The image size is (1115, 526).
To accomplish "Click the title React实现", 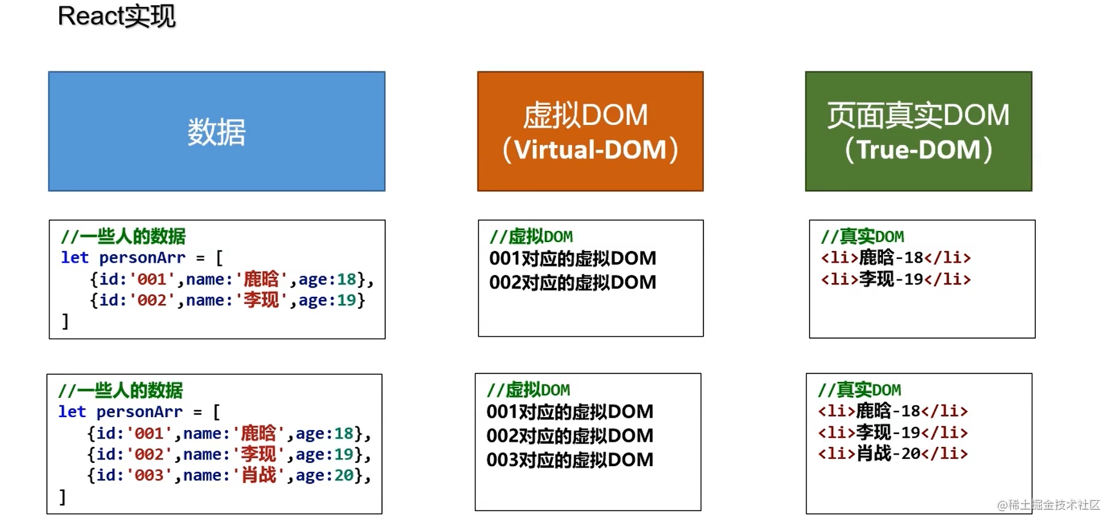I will pyautogui.click(x=117, y=16).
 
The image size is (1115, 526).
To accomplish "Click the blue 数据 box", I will pyautogui.click(x=216, y=131).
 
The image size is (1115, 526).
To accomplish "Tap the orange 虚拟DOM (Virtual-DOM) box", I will pyautogui.click(x=590, y=131).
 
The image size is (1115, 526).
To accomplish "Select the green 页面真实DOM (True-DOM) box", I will pyautogui.click(x=918, y=131).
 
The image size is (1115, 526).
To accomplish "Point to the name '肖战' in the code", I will pyautogui.click(x=258, y=476).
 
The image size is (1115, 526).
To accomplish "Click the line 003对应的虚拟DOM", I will pyautogui.click(x=570, y=460).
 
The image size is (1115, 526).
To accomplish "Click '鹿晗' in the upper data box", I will pyautogui.click(x=261, y=279).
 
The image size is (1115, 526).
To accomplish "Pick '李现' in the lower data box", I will pyautogui.click(x=258, y=455).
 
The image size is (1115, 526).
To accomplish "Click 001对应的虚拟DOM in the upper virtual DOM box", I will pyautogui.click(x=573, y=258).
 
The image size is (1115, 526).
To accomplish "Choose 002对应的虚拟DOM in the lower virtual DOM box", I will pyautogui.click(x=570, y=436).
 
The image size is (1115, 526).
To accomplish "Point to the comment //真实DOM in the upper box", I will pyautogui.click(x=862, y=236).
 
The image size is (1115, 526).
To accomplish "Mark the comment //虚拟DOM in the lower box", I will pyautogui.click(x=528, y=390).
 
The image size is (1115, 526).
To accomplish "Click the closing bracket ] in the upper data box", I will pyautogui.click(x=65, y=321).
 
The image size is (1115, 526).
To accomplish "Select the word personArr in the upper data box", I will pyautogui.click(x=142, y=258).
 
